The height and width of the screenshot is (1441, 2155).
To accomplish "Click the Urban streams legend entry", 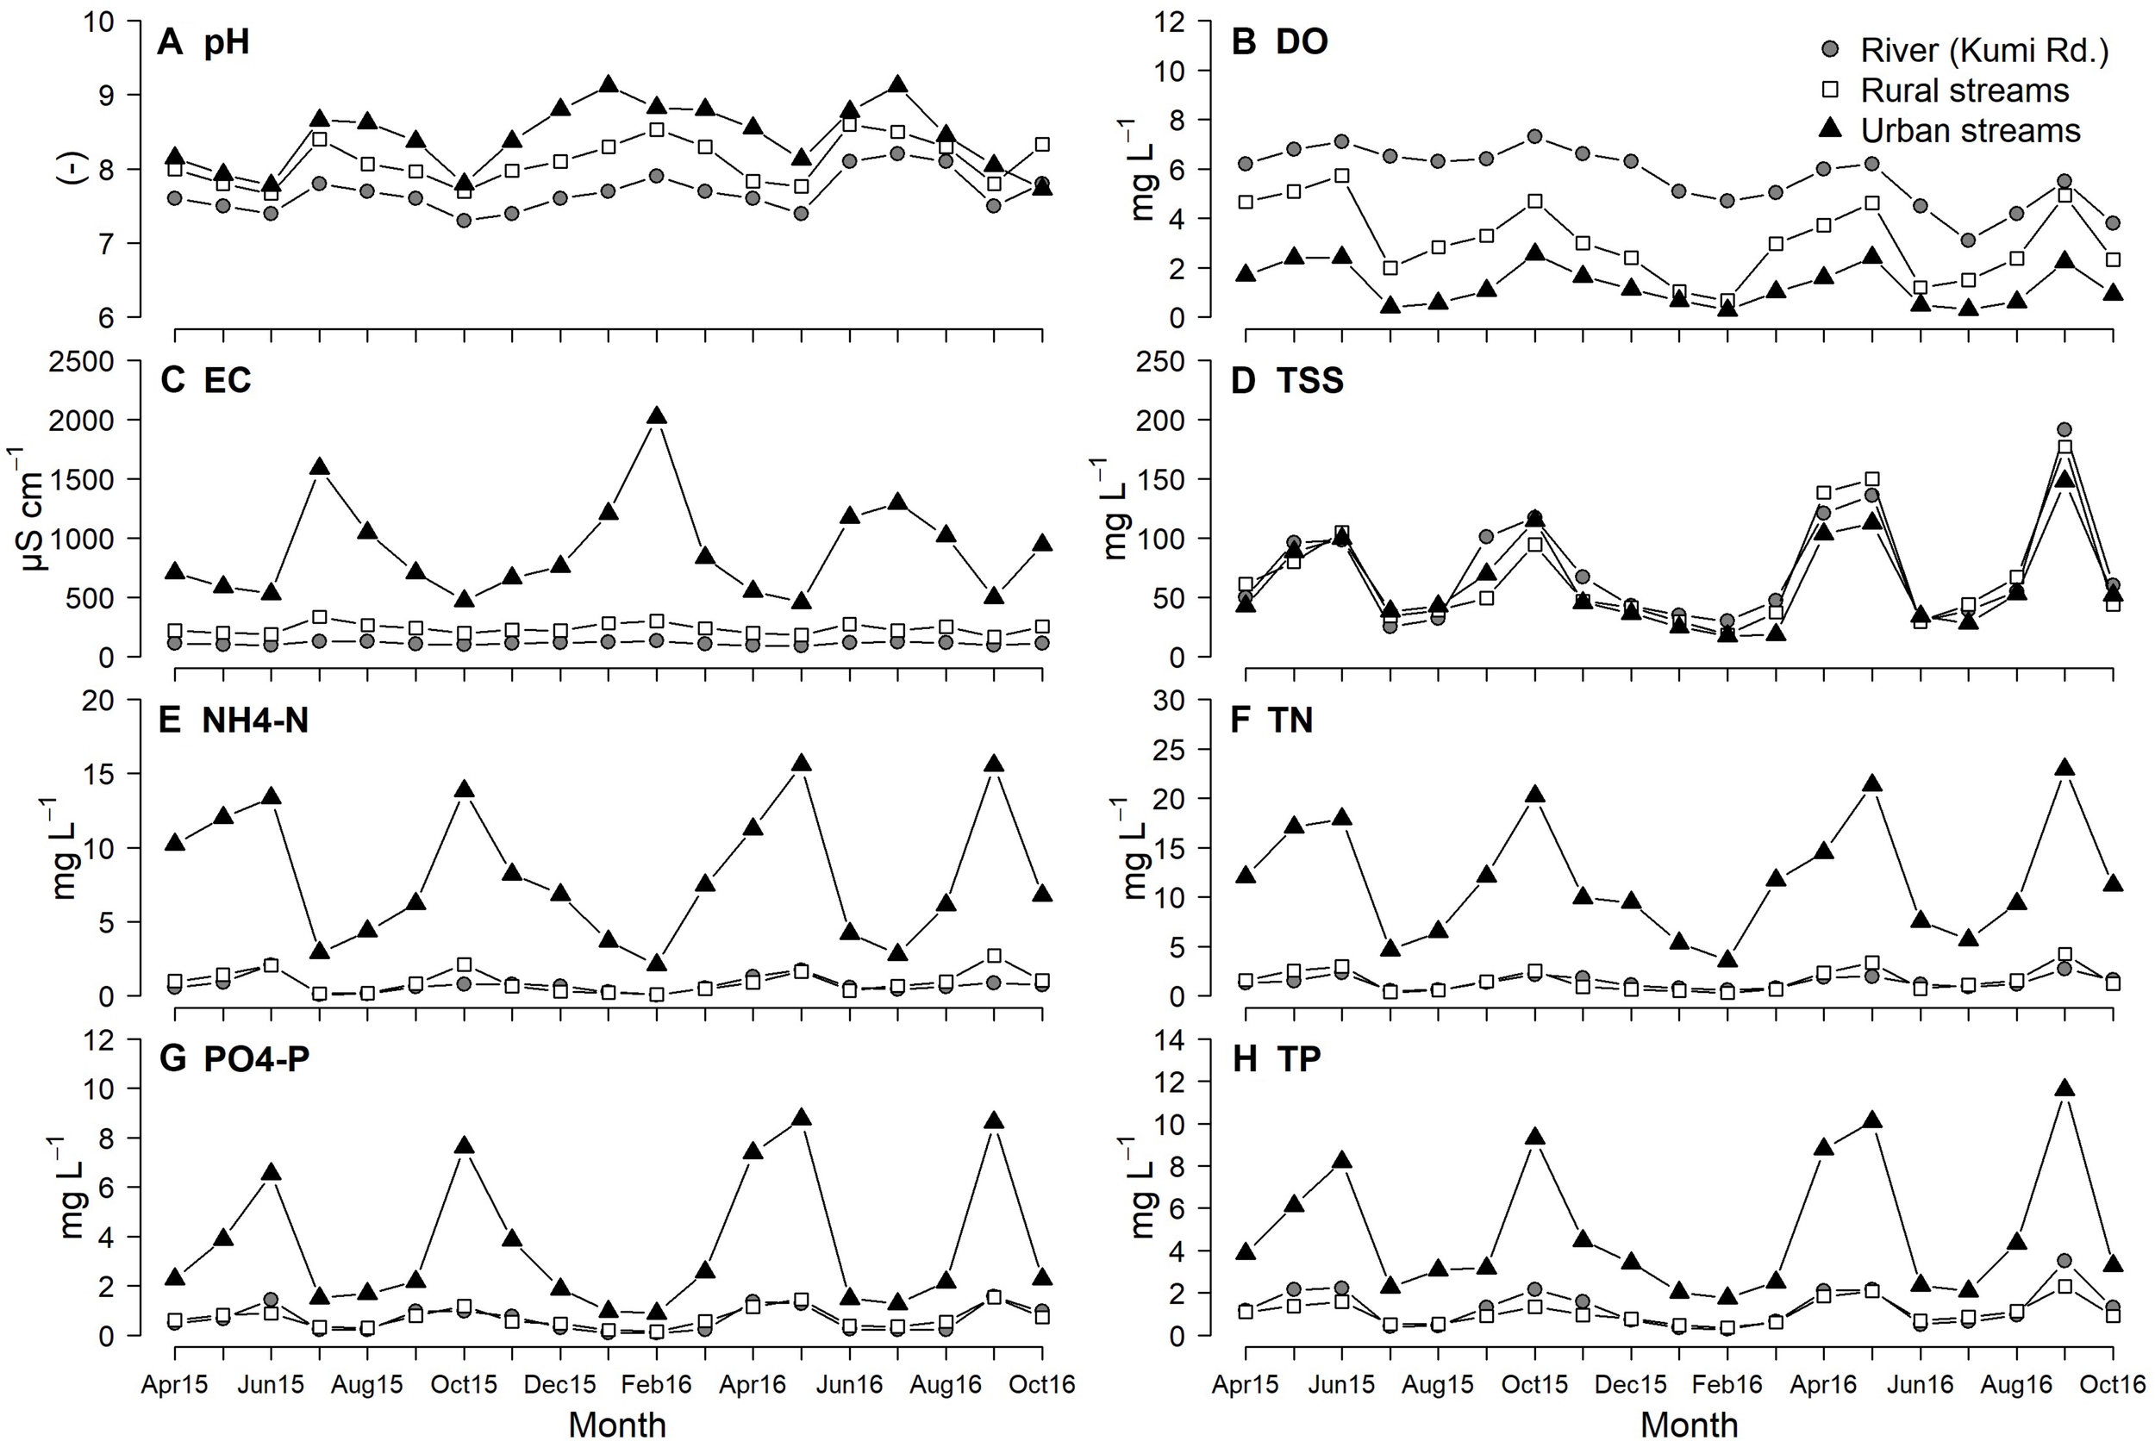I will pos(1948,130).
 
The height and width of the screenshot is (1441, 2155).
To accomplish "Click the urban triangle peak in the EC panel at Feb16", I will pos(656,416).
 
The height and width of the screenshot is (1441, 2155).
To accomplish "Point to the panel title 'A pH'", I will pos(203,42).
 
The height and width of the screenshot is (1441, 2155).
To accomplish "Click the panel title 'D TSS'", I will pos(1287,380).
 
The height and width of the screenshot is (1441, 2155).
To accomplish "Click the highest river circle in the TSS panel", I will pos(2064,429).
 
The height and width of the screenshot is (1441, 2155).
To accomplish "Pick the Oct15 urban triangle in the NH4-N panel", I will pos(464,789).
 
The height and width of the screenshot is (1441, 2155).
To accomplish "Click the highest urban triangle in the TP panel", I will pos(2064,1089).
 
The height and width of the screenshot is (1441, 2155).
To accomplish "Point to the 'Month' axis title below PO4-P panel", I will pos(616,1424).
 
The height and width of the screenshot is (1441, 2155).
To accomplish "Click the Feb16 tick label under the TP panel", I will pos(1727,1384).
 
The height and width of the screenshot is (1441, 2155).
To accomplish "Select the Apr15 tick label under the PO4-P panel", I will pos(175,1384).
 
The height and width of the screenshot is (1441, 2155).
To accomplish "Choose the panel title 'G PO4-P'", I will pos(234,1058).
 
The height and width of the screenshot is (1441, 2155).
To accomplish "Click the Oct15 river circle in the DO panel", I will pos(1533,137).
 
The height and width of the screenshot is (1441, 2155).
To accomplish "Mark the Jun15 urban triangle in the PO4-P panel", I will pos(271,1173).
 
